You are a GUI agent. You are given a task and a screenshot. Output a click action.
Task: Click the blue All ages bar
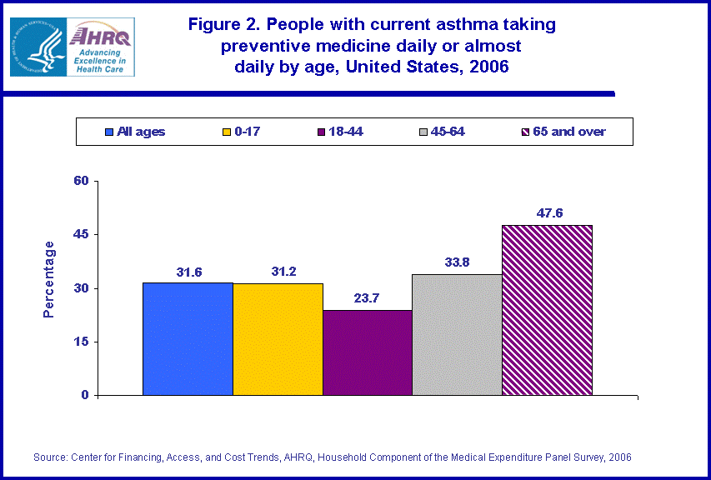tap(188, 339)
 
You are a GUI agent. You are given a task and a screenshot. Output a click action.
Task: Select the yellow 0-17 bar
tap(278, 339)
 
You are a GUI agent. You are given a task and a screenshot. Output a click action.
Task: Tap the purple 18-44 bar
tap(367, 352)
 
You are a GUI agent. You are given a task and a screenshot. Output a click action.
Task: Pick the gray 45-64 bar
tap(457, 335)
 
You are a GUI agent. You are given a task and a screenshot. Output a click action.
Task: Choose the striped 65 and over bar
tap(547, 310)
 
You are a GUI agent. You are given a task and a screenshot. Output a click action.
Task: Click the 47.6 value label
tap(548, 213)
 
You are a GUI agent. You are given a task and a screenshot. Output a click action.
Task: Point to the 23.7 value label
tap(368, 298)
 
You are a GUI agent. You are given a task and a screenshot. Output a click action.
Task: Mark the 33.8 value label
tap(456, 262)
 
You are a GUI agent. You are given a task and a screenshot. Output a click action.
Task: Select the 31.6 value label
tap(189, 272)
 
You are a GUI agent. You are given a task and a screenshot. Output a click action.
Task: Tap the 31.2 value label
tap(278, 272)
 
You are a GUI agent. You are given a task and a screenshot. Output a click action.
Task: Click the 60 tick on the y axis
tap(83, 181)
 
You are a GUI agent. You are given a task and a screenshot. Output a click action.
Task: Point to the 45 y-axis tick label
tap(83, 234)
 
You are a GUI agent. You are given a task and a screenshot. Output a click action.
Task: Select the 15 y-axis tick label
tap(83, 342)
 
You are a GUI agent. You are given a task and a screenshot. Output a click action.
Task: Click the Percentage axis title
tap(49, 279)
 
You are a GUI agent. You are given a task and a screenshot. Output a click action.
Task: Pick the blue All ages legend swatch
tap(109, 132)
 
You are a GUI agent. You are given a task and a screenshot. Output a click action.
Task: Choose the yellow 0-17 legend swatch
tap(226, 132)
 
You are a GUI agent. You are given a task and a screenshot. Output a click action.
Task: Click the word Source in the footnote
tap(51, 457)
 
